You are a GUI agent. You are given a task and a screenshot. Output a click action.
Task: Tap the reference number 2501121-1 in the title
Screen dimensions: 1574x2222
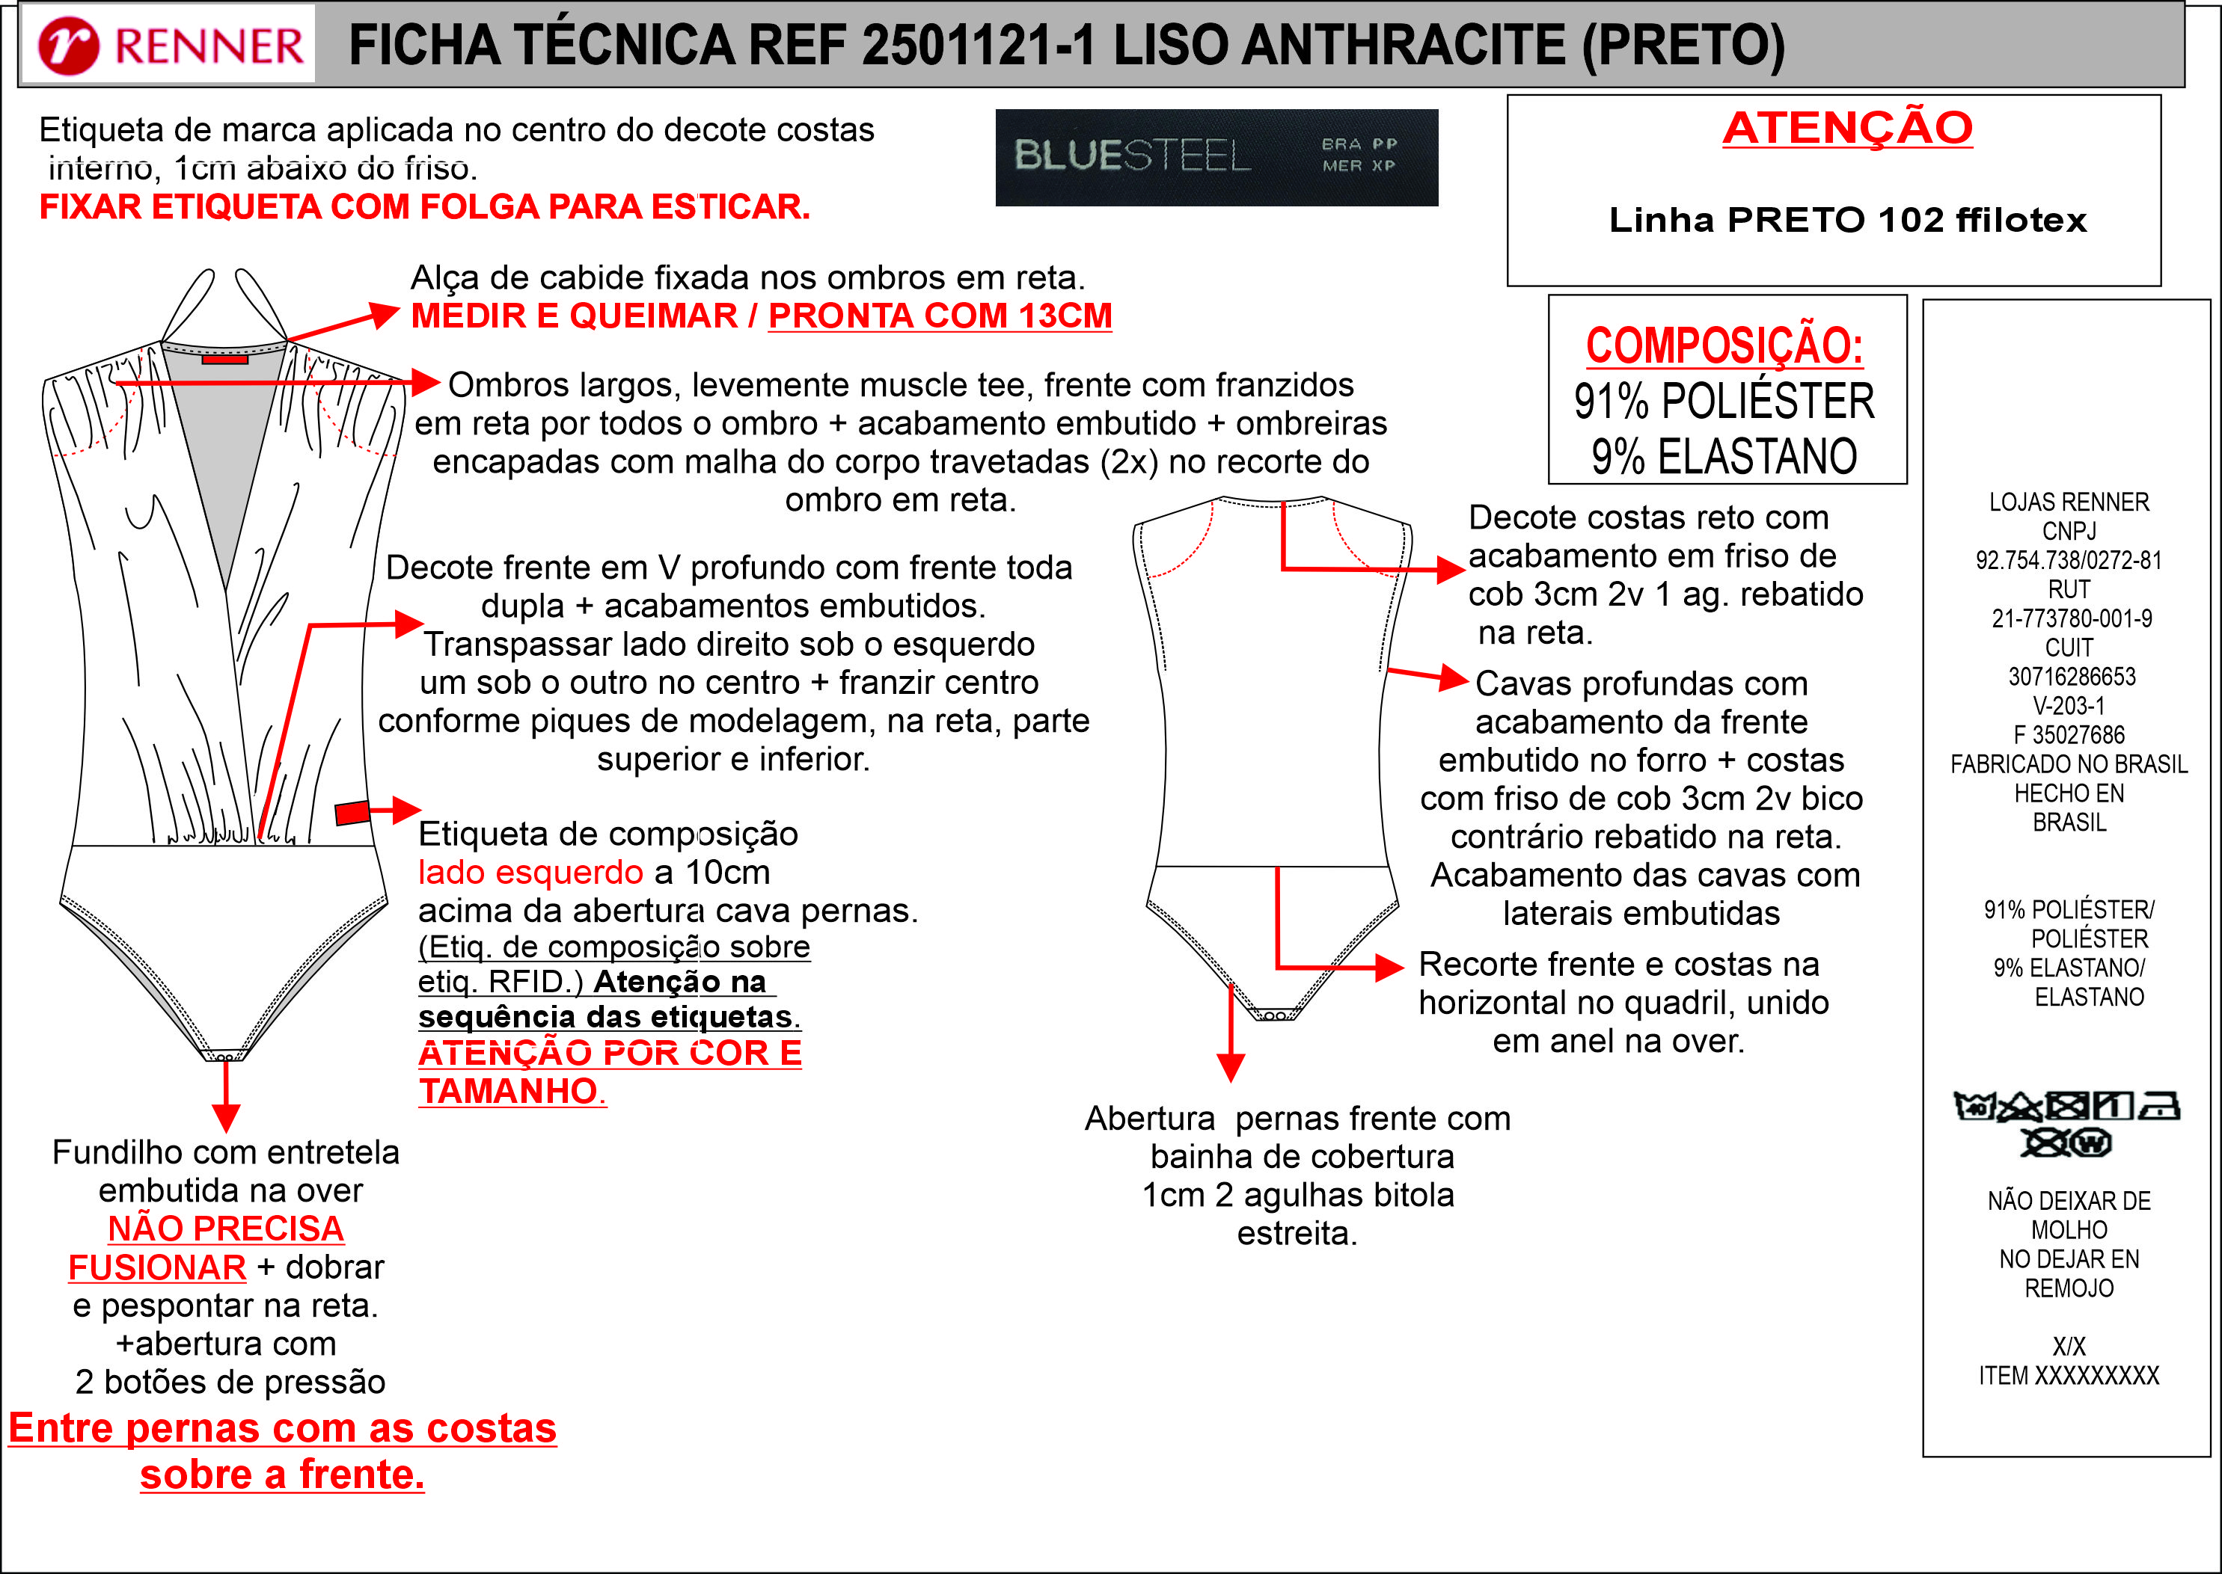pos(979,46)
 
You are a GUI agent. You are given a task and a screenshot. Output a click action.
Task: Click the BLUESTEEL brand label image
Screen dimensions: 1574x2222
pos(1216,157)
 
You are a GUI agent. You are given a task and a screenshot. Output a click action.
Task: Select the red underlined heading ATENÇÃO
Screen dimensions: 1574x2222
pos(1847,129)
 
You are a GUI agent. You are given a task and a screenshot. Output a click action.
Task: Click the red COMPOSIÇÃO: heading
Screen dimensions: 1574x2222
pos(1724,346)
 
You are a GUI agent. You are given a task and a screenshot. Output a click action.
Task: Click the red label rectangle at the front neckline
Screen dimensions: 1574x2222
pos(225,360)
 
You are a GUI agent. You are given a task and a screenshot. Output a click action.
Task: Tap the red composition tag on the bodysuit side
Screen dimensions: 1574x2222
pos(352,812)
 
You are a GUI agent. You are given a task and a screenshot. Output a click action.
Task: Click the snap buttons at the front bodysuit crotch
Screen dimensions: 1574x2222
pos(224,1057)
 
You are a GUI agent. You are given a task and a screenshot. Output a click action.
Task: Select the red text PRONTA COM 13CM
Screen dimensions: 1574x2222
pos(940,317)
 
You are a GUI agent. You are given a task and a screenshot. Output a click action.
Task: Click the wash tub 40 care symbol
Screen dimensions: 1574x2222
pos(1974,1106)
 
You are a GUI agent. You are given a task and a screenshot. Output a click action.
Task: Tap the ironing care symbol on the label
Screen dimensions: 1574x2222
pos(2160,1106)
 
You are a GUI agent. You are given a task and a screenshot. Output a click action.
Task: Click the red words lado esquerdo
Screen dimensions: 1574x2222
pos(530,873)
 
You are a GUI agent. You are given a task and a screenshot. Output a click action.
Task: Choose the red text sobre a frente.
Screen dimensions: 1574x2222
pos(282,1474)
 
